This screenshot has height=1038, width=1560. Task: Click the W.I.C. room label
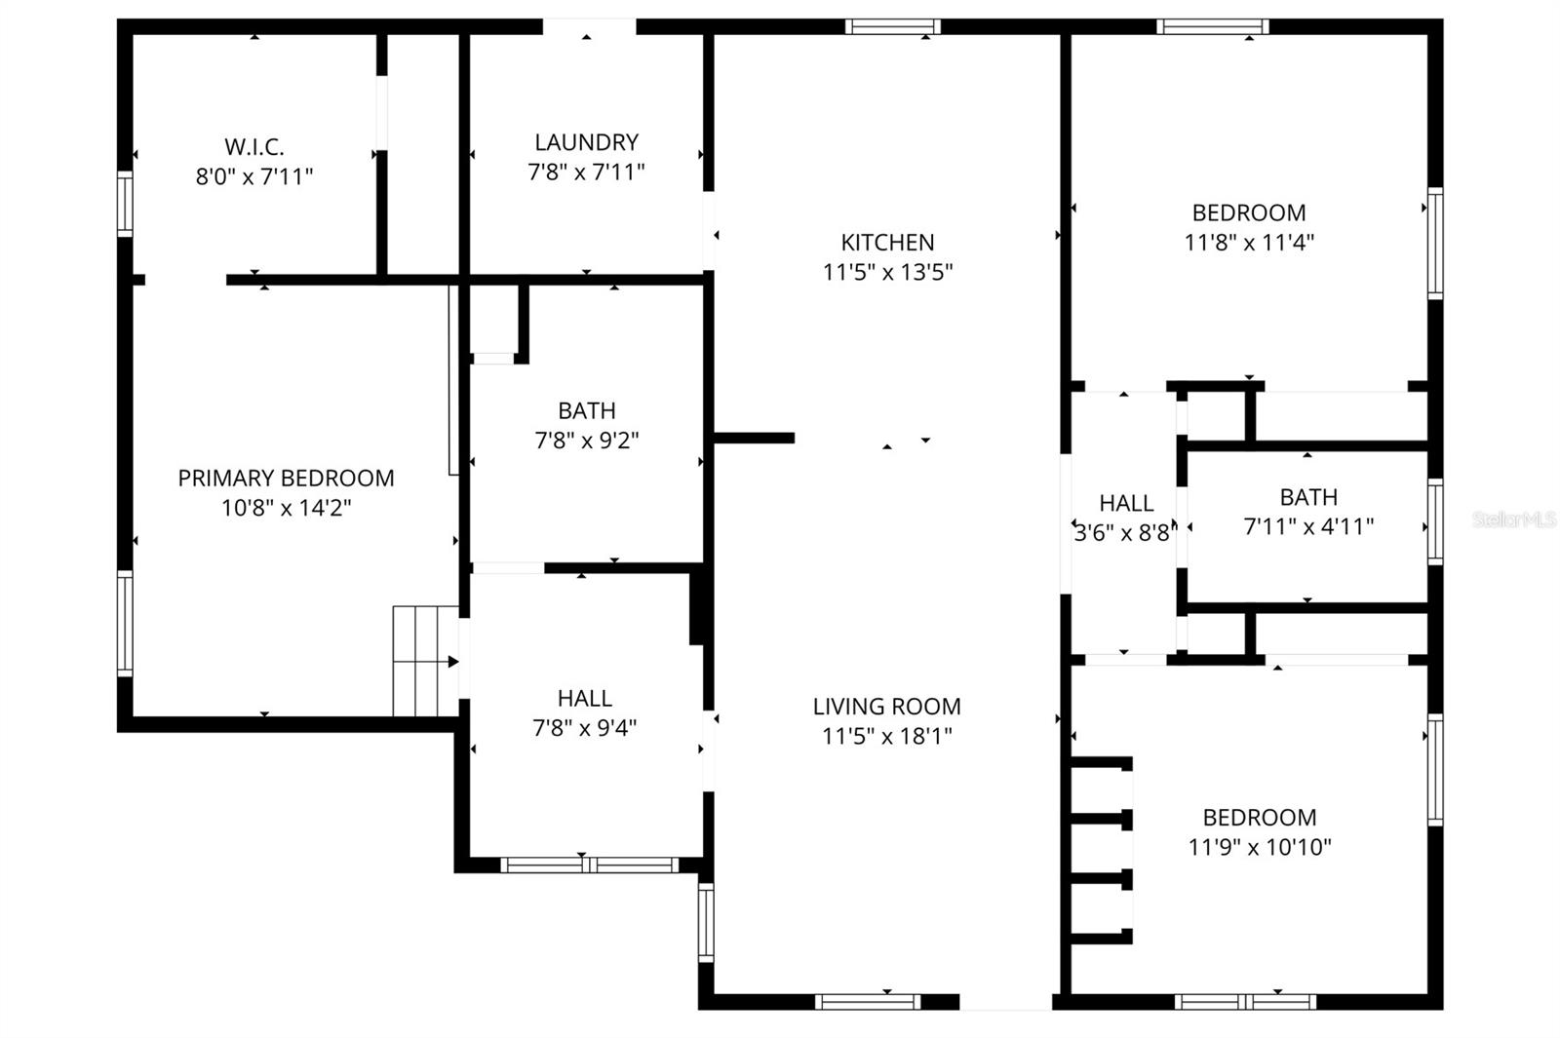[254, 147]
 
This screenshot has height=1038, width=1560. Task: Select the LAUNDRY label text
[586, 142]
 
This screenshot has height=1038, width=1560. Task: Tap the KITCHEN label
[887, 243]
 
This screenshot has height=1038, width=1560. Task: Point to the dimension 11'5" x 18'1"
[887, 736]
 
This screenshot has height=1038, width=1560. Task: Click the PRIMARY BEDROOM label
[286, 479]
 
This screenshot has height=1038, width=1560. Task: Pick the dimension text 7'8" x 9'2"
[586, 441]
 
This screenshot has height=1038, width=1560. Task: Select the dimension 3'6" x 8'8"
[1125, 533]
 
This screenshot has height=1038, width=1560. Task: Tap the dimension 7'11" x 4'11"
[1308, 526]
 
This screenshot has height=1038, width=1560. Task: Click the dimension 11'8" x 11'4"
[1249, 242]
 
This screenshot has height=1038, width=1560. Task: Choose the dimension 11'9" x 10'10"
[1260, 847]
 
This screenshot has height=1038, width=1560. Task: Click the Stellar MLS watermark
[1514, 519]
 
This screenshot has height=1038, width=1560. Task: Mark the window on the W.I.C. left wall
[125, 204]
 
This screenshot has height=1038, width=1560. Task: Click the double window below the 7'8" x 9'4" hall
[589, 865]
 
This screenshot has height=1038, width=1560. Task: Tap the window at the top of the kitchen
[892, 26]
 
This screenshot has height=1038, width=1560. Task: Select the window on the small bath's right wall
[1434, 521]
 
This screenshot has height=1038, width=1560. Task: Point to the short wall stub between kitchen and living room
[754, 438]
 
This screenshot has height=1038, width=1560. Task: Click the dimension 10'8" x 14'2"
[286, 508]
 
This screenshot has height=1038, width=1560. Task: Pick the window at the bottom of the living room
[867, 1001]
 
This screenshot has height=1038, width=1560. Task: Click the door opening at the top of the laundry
[589, 26]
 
